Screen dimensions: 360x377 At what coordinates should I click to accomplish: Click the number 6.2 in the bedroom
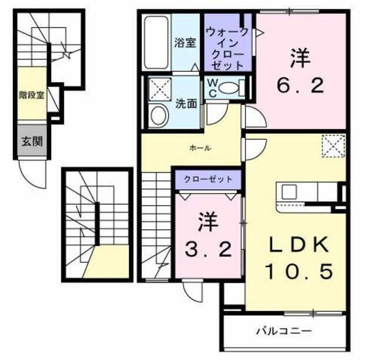coord(300,87)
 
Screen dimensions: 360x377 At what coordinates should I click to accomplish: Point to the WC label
coord(211,88)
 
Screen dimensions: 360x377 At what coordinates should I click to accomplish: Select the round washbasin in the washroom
coord(158,116)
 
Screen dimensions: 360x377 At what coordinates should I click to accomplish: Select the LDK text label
coord(298,245)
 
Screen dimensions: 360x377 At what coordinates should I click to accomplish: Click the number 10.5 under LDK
coord(298,270)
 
